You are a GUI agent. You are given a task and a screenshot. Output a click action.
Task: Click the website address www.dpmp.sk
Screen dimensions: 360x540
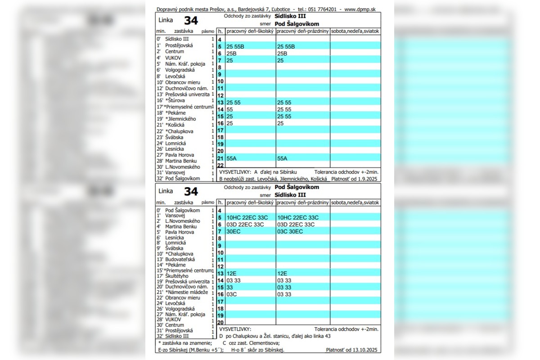point(360,9)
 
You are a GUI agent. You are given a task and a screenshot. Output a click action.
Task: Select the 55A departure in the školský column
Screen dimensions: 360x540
point(232,158)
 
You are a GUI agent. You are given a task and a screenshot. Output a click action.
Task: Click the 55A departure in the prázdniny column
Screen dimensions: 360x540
point(282,158)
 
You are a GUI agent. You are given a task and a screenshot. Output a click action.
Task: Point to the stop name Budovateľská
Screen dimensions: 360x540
point(180,259)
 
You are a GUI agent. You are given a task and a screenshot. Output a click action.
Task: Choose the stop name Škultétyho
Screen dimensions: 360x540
point(177,276)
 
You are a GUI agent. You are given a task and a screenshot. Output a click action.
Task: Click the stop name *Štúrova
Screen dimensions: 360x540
point(175,100)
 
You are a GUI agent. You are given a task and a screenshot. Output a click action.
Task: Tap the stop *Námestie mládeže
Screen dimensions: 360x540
point(186,292)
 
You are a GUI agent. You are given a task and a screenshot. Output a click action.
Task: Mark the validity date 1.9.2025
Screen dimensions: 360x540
point(368,179)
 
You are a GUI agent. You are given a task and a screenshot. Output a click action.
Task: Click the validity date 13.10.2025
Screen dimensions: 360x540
point(365,350)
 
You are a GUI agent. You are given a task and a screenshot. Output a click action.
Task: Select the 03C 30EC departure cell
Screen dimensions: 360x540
point(290,231)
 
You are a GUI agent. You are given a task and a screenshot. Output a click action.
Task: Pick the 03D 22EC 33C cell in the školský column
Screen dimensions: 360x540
point(245,225)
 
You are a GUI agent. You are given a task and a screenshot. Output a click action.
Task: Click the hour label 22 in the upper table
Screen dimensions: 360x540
point(220,166)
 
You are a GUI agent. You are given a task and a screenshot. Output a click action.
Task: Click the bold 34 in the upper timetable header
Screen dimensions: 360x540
point(190,21)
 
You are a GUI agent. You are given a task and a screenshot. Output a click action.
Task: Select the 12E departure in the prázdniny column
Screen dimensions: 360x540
point(282,273)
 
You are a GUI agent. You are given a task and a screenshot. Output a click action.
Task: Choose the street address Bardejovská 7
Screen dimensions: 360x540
point(255,9)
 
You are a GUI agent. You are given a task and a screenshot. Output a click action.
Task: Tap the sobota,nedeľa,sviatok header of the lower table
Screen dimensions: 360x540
point(355,203)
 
